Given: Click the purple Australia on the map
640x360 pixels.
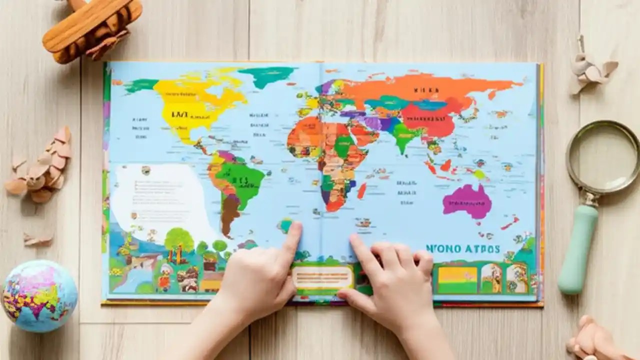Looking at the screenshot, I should (x=467, y=201).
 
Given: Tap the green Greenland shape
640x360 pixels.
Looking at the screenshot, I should (x=268, y=75).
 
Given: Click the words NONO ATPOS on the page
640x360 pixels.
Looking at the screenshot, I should (x=462, y=248).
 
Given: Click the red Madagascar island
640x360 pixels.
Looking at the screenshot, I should (x=361, y=190).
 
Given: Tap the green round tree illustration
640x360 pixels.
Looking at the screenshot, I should (x=179, y=239).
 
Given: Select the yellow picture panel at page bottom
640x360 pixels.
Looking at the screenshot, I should (x=457, y=277).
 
